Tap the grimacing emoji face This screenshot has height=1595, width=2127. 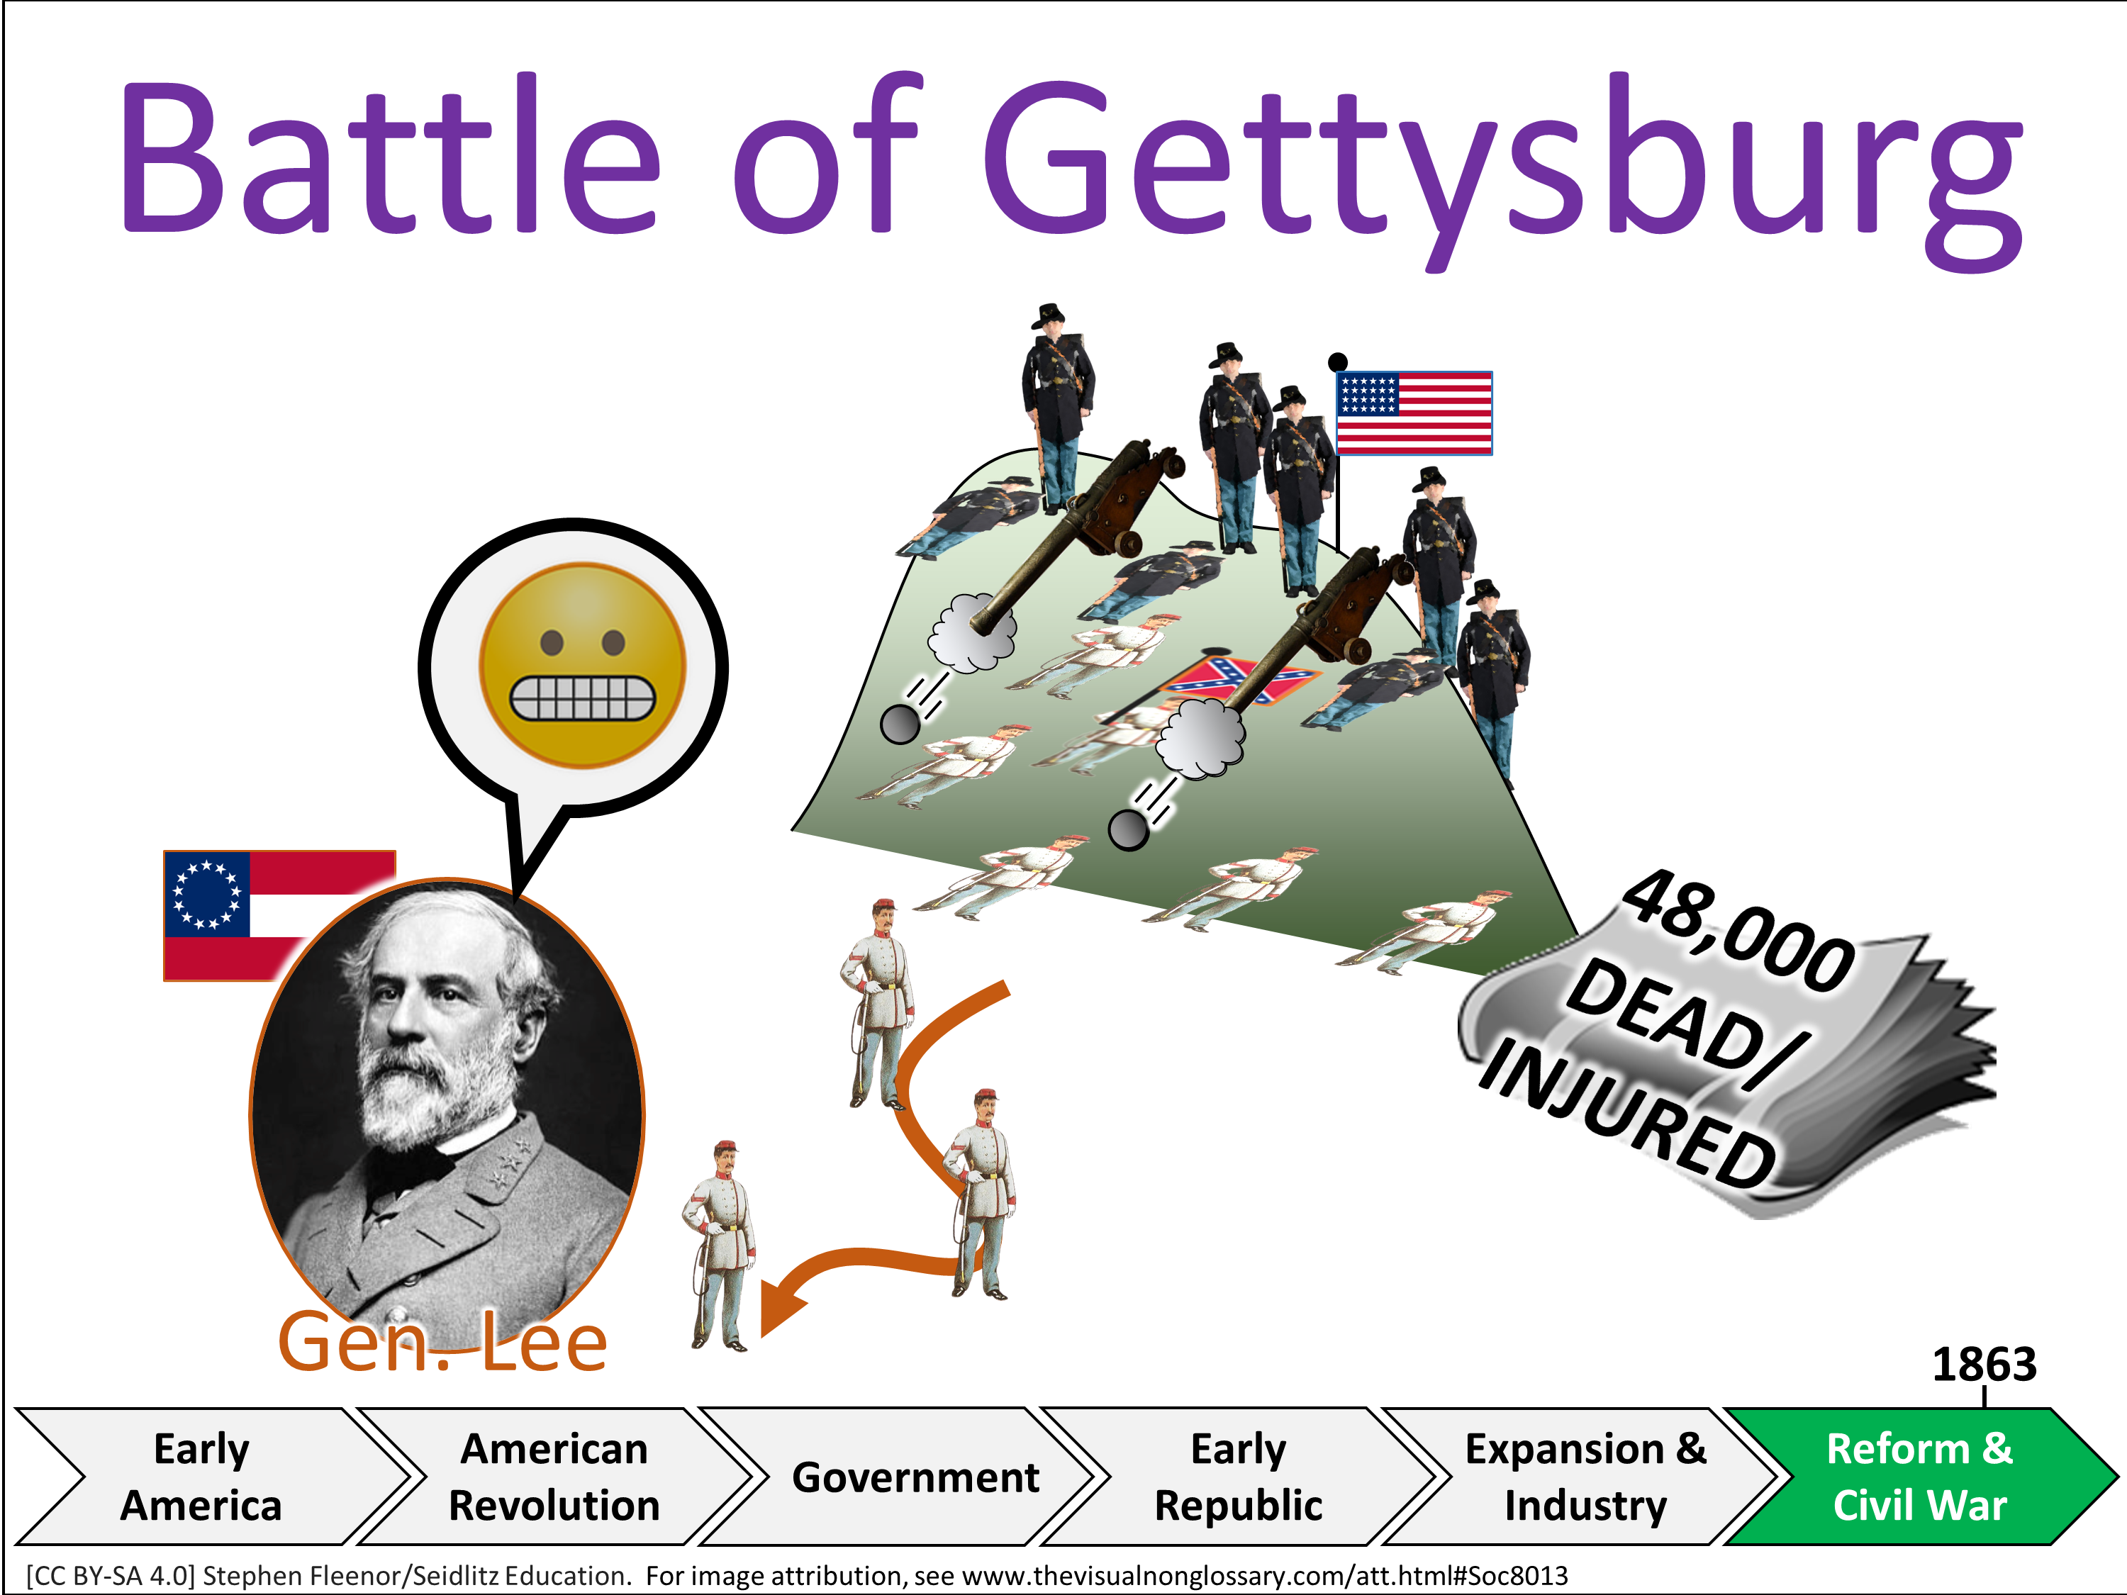pos(583,666)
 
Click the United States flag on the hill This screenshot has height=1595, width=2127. pos(1414,413)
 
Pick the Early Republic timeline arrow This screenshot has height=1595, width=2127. pos(1239,1477)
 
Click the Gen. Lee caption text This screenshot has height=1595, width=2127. pos(442,1342)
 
